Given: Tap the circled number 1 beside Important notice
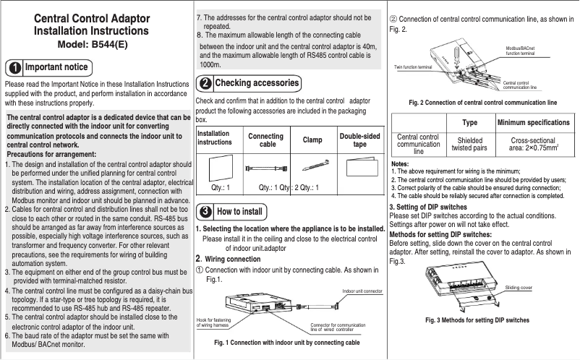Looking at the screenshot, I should [14, 68].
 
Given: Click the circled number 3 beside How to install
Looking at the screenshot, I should [206, 212].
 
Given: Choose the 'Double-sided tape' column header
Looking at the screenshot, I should [359, 140].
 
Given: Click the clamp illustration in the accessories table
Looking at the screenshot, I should [312, 166].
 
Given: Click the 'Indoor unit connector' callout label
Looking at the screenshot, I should [362, 291].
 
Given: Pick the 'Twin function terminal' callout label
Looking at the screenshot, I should [413, 66].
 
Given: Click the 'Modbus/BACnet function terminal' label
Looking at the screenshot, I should [521, 51].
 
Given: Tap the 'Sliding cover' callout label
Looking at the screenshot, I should [519, 287].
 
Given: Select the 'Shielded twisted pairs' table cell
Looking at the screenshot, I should [469, 145].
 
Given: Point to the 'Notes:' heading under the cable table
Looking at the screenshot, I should [399, 165].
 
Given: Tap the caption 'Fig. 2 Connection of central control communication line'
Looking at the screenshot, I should [482, 102].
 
